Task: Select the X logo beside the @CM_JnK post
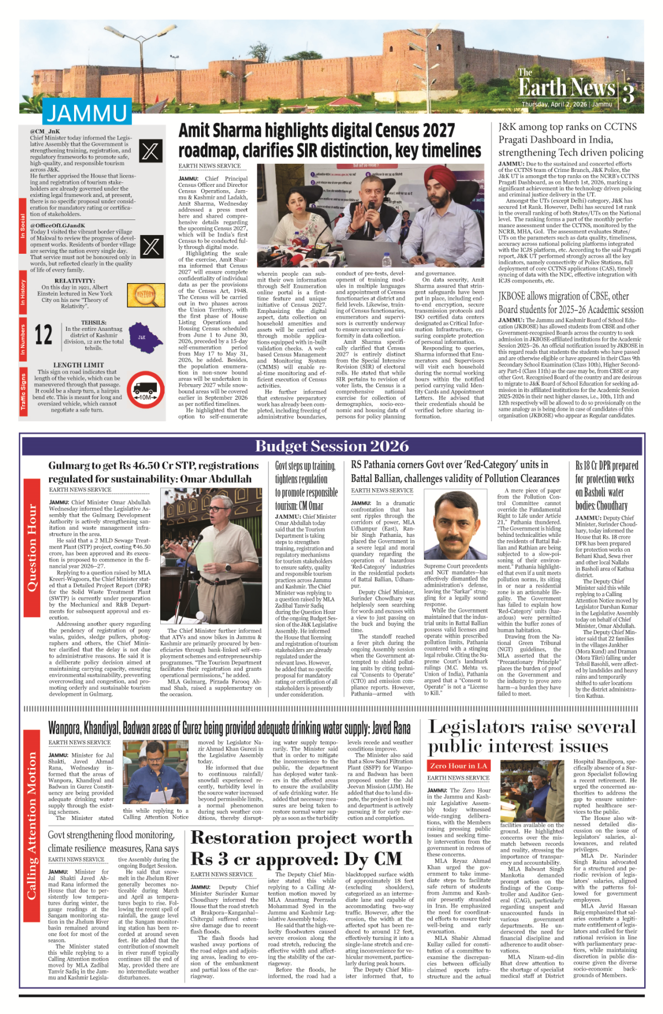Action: pos(151,151)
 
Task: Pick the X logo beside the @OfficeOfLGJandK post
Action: pos(151,246)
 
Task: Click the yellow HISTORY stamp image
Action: pos(146,295)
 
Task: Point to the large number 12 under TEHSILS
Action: pos(44,335)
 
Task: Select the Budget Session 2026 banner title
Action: pos(331,447)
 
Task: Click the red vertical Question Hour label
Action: pos(32,547)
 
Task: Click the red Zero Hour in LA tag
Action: pos(459,766)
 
